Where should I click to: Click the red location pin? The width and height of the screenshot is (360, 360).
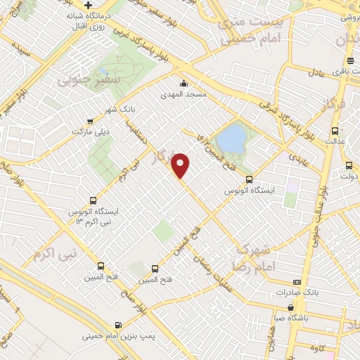coord(181,165)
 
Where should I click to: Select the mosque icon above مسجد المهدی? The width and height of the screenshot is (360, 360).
coord(184,83)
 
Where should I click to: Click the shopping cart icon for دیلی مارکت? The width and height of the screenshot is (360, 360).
coord(88,120)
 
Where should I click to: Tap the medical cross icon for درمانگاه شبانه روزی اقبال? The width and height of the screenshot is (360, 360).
coord(88,6)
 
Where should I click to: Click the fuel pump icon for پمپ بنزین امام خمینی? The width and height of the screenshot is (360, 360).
coord(117,325)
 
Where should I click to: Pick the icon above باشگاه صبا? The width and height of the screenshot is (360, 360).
coord(290,307)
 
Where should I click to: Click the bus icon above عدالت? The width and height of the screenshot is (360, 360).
coord(334,130)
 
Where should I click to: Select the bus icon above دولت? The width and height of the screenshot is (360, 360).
coord(349,165)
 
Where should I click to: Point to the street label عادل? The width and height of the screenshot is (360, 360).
coord(316,70)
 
